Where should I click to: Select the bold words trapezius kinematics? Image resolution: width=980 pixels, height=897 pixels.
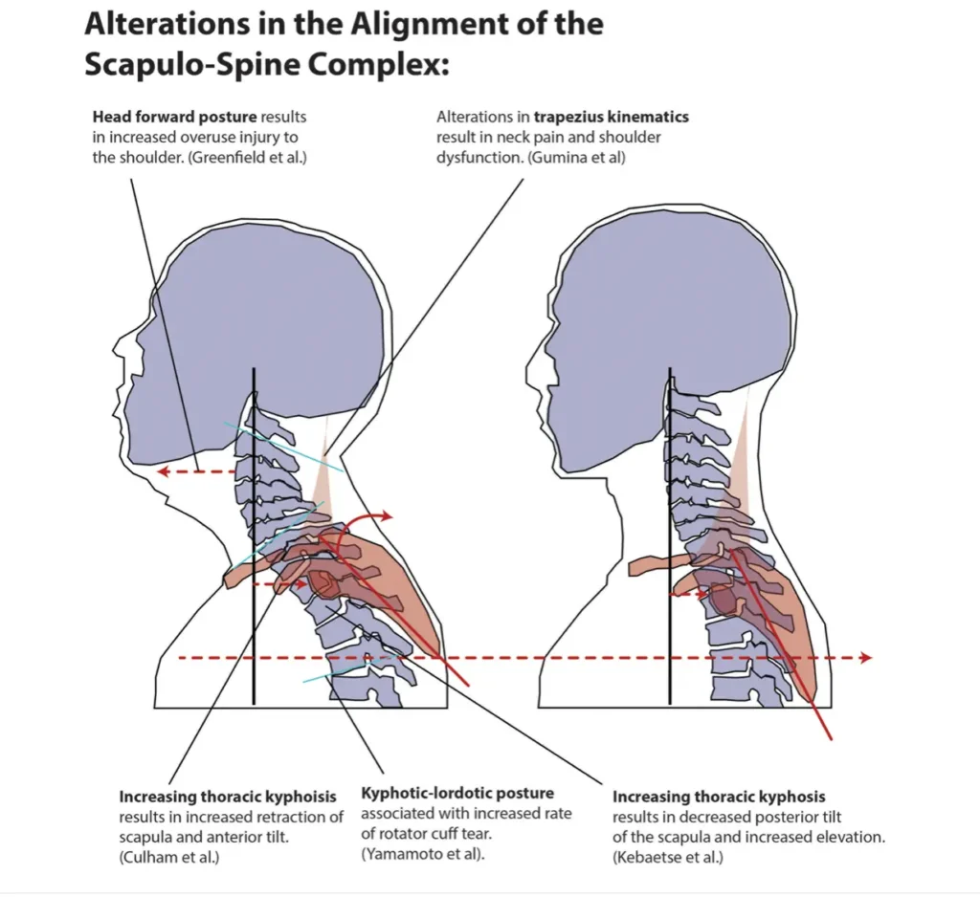pos(611,118)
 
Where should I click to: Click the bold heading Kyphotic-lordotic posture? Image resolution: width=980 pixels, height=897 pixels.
pos(457,793)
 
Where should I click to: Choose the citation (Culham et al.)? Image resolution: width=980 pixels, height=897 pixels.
pos(169,857)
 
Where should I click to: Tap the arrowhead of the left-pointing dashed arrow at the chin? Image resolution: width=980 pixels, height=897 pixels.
pos(164,470)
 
